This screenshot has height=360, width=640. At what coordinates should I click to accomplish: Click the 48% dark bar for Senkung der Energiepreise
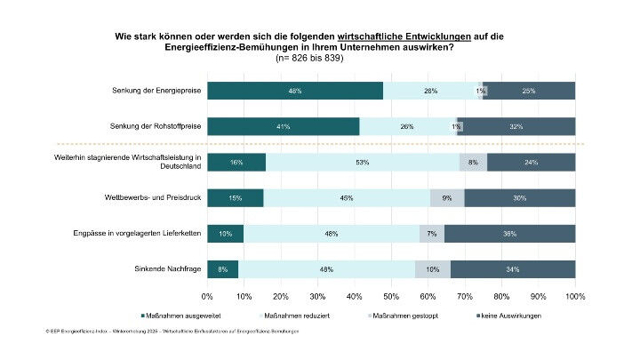294,91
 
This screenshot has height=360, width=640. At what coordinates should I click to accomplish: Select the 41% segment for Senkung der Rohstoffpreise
283,126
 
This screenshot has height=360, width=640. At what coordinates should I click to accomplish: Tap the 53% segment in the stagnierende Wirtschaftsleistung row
363,162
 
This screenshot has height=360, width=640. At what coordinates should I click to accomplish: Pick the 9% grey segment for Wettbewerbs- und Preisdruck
447,197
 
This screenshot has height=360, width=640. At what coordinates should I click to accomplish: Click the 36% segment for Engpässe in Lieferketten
509,233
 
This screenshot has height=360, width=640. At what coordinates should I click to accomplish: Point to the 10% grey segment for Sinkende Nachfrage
432,268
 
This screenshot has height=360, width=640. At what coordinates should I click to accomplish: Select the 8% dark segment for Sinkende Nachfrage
222,268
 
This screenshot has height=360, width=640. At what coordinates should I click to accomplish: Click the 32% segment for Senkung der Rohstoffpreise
516,126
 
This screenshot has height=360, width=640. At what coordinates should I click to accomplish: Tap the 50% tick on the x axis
391,295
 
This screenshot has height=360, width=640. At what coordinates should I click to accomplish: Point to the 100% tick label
574,295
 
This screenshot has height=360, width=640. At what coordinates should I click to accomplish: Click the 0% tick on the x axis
207,295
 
